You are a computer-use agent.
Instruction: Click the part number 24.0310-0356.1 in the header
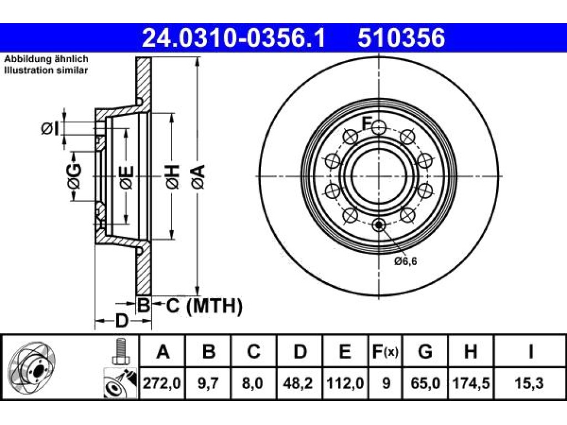[x=234, y=38]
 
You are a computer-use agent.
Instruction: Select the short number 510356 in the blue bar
[x=401, y=38]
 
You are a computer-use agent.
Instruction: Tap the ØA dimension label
[x=199, y=177]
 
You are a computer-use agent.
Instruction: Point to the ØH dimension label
[x=173, y=177]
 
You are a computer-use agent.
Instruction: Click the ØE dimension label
[x=127, y=178]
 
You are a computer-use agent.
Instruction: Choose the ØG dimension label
[x=74, y=177]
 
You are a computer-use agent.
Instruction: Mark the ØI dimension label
[x=50, y=128]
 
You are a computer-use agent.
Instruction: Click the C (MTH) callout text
[x=204, y=305]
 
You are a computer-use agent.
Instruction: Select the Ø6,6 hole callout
[x=405, y=261]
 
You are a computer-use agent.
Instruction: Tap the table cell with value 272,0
[x=162, y=383]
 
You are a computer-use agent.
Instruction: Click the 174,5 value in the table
[x=471, y=383]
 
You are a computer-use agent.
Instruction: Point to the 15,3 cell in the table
[x=530, y=383]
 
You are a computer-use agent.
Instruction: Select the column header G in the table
[x=425, y=351]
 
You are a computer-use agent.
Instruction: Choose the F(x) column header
[x=385, y=351]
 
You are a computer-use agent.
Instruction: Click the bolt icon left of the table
[x=120, y=351]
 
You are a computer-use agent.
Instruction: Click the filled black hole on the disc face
[x=379, y=225]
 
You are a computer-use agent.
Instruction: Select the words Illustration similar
[x=46, y=70]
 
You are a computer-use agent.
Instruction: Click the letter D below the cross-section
[x=122, y=320]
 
